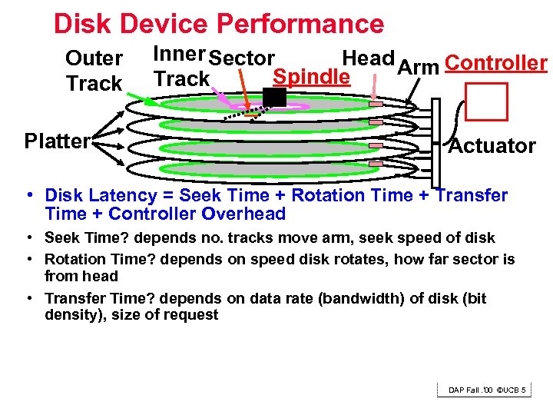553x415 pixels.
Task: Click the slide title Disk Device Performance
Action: (x=218, y=24)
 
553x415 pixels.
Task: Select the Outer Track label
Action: (x=94, y=71)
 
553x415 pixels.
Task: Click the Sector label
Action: (x=241, y=58)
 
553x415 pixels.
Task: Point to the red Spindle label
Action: (x=312, y=78)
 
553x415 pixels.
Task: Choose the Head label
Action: (x=368, y=58)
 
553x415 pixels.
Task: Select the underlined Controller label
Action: (x=495, y=63)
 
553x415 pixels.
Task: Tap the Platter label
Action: (x=58, y=141)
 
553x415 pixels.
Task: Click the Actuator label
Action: (x=492, y=146)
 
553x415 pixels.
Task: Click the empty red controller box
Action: (x=486, y=101)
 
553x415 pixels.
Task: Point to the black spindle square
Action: (x=274, y=97)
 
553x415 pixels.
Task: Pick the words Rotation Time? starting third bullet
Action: (x=96, y=260)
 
